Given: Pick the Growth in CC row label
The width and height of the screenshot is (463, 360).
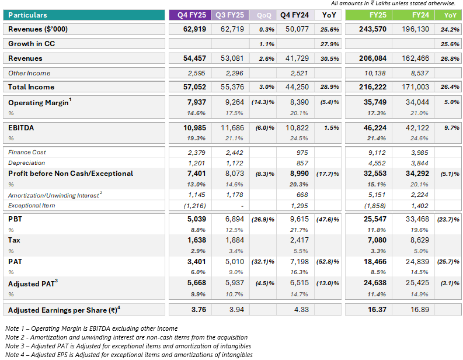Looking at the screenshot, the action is pyautogui.click(x=32, y=44).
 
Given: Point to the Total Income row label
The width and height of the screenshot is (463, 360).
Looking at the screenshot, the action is pyautogui.click(x=32, y=87).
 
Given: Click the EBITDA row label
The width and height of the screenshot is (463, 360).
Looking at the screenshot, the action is pyautogui.click(x=21, y=128).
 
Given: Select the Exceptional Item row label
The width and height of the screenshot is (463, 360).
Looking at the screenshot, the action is pyautogui.click(x=32, y=205).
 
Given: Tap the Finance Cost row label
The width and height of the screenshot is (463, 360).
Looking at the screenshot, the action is pyautogui.click(x=27, y=152).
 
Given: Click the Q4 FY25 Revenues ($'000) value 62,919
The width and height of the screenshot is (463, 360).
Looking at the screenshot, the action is pyautogui.click(x=194, y=29).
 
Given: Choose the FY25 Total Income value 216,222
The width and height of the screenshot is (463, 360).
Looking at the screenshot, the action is pyautogui.click(x=373, y=87).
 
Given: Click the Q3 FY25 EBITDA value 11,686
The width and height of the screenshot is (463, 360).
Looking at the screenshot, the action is pyautogui.click(x=232, y=128).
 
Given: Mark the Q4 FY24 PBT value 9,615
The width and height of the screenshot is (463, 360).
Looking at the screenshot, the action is pyautogui.click(x=300, y=219).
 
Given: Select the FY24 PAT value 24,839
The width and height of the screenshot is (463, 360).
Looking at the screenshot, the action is pyautogui.click(x=417, y=262).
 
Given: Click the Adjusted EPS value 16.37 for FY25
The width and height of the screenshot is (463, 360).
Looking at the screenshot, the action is pyautogui.click(x=377, y=310).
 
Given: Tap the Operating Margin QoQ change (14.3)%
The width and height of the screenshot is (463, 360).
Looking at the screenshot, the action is pyautogui.click(x=263, y=102).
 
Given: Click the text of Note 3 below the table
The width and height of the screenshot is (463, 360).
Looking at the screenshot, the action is pyautogui.click(x=128, y=346).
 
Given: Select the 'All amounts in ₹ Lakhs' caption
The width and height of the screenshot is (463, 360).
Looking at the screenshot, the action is pyautogui.click(x=394, y=4).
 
